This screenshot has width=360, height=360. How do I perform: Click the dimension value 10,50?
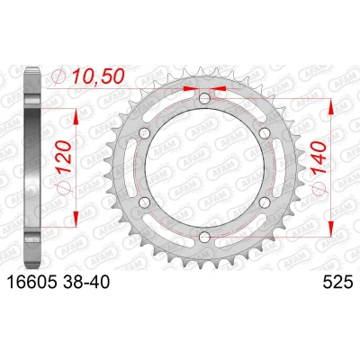tap(98, 76)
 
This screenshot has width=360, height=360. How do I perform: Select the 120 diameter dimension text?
tap(64, 157)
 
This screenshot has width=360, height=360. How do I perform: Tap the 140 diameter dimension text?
tap(319, 158)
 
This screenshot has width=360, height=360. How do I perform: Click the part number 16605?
tap(31, 283)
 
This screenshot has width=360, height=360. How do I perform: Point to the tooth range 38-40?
tap(86, 283)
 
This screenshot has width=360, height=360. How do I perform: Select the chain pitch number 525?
tap(337, 283)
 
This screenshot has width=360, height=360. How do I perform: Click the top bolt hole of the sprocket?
tap(204, 98)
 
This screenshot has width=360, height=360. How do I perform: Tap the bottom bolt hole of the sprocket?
tap(204, 237)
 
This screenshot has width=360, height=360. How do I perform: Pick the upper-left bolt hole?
tap(145, 132)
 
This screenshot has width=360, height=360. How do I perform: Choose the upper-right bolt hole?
tap(265, 132)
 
